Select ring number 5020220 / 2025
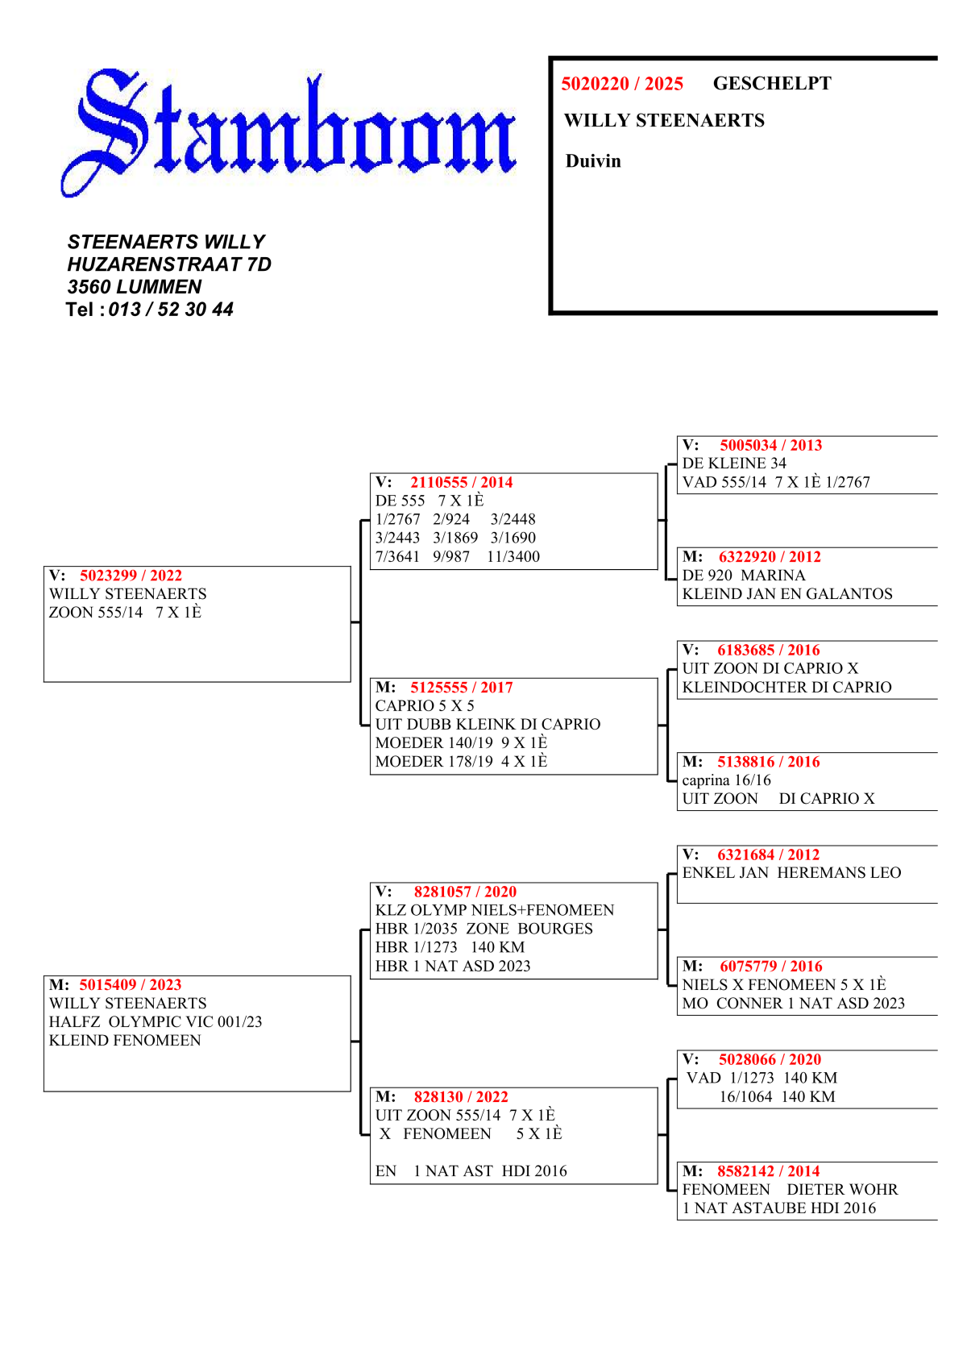[x=622, y=84]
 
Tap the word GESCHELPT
[x=771, y=84]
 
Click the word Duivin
[x=593, y=161]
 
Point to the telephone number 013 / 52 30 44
[x=171, y=310]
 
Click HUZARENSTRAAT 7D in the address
[x=169, y=264]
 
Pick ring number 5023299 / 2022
[x=131, y=576]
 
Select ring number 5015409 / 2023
[x=131, y=985]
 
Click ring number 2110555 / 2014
[x=461, y=483]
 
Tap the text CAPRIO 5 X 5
[x=425, y=706]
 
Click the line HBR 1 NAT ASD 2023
[x=453, y=967]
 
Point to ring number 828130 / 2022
[x=461, y=1097]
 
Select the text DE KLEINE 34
[x=734, y=464]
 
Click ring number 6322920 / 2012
[x=770, y=557]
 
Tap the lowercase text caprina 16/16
[x=726, y=780]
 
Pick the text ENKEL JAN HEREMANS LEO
[x=791, y=873]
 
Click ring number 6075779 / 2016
[x=771, y=967]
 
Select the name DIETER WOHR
[x=842, y=1190]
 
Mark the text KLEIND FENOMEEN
[x=125, y=1041]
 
